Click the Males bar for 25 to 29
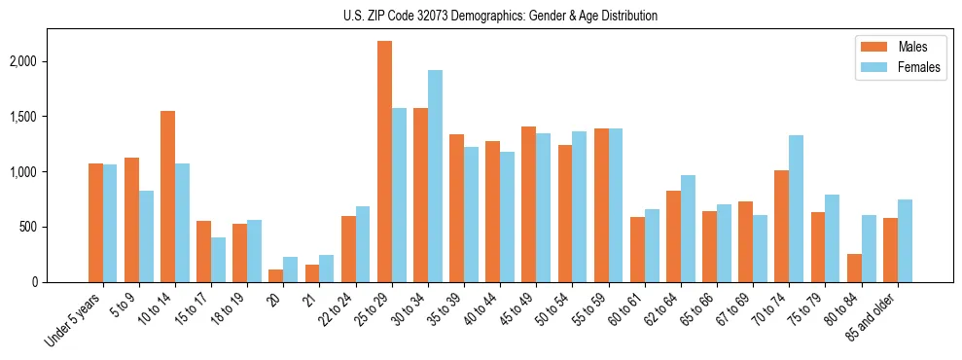point(384,162)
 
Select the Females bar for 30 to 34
point(435,176)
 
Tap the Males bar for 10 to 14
point(167,197)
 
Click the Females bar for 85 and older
point(905,241)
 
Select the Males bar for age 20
point(275,276)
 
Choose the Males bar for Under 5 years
point(95,223)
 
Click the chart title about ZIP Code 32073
point(500,16)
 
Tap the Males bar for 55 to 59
point(601,231)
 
